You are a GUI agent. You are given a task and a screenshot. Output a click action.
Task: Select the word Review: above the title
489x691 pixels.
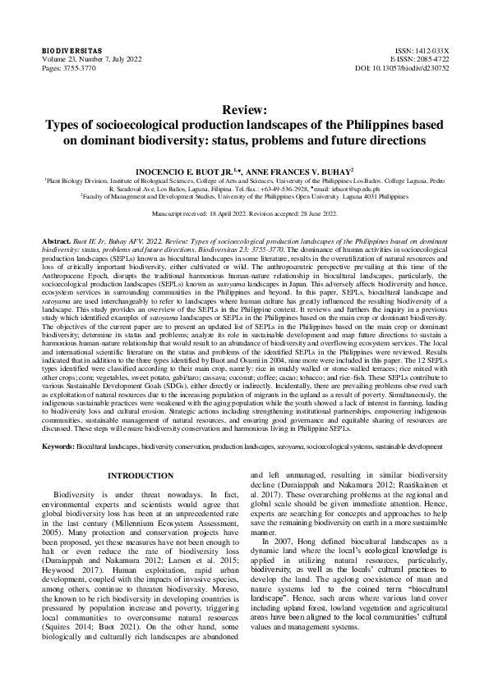point(244,110)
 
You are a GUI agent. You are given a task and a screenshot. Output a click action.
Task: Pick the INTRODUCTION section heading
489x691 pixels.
point(141,475)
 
